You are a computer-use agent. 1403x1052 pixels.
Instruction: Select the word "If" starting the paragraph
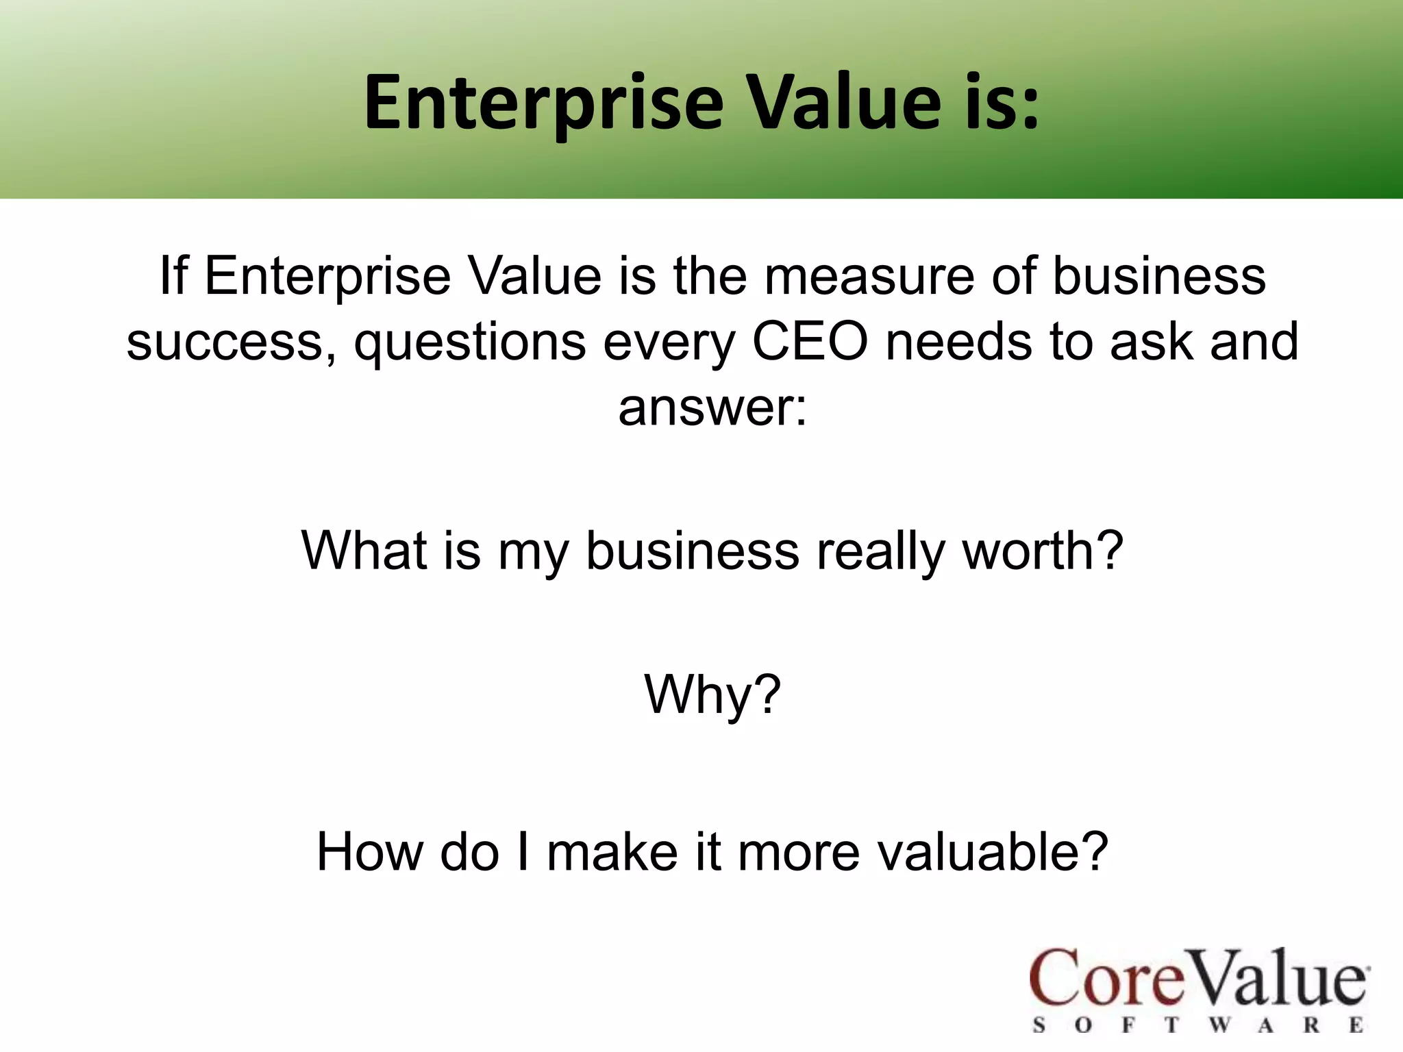(x=173, y=276)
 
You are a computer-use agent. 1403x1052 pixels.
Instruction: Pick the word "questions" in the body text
(x=469, y=342)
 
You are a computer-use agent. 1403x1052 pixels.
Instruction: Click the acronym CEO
(x=810, y=342)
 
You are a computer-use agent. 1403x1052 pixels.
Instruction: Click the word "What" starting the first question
(x=363, y=550)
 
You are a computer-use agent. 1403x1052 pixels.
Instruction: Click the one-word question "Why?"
(x=712, y=694)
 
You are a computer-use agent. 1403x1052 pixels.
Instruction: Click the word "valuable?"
(x=993, y=852)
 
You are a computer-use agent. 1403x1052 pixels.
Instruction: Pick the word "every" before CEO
(x=669, y=342)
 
